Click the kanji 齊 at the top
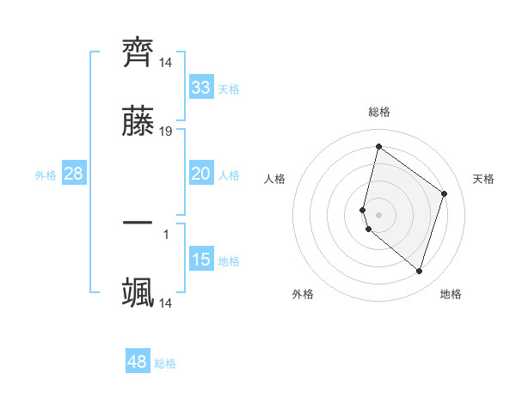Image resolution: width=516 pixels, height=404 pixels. click(x=138, y=52)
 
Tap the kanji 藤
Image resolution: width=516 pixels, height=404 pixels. click(x=138, y=123)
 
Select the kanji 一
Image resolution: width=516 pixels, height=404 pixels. click(x=138, y=221)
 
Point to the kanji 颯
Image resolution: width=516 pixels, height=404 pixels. click(x=138, y=291)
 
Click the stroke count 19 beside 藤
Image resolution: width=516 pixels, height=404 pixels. click(x=166, y=132)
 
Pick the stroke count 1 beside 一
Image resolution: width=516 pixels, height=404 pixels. click(x=166, y=233)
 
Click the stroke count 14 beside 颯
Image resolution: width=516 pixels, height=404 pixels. click(x=166, y=303)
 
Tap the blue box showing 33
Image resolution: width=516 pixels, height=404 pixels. click(x=201, y=87)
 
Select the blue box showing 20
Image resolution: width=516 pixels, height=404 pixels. click(x=201, y=174)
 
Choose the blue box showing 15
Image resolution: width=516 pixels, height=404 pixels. click(x=201, y=260)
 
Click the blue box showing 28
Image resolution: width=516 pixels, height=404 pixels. click(x=74, y=174)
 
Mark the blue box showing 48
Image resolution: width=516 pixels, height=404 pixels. click(x=138, y=362)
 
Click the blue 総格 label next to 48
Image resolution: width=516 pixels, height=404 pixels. click(x=165, y=364)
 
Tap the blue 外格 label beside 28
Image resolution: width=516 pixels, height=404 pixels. click(x=46, y=175)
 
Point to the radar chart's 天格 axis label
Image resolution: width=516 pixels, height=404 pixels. click(x=483, y=179)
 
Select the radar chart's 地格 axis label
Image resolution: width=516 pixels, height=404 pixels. click(x=451, y=294)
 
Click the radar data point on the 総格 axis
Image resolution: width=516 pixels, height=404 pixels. click(x=378, y=146)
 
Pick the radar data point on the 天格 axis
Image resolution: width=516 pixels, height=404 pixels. click(x=445, y=193)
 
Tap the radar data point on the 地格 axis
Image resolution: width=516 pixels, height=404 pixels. click(x=419, y=272)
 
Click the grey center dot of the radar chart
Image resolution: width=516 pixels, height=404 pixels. click(x=378, y=214)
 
